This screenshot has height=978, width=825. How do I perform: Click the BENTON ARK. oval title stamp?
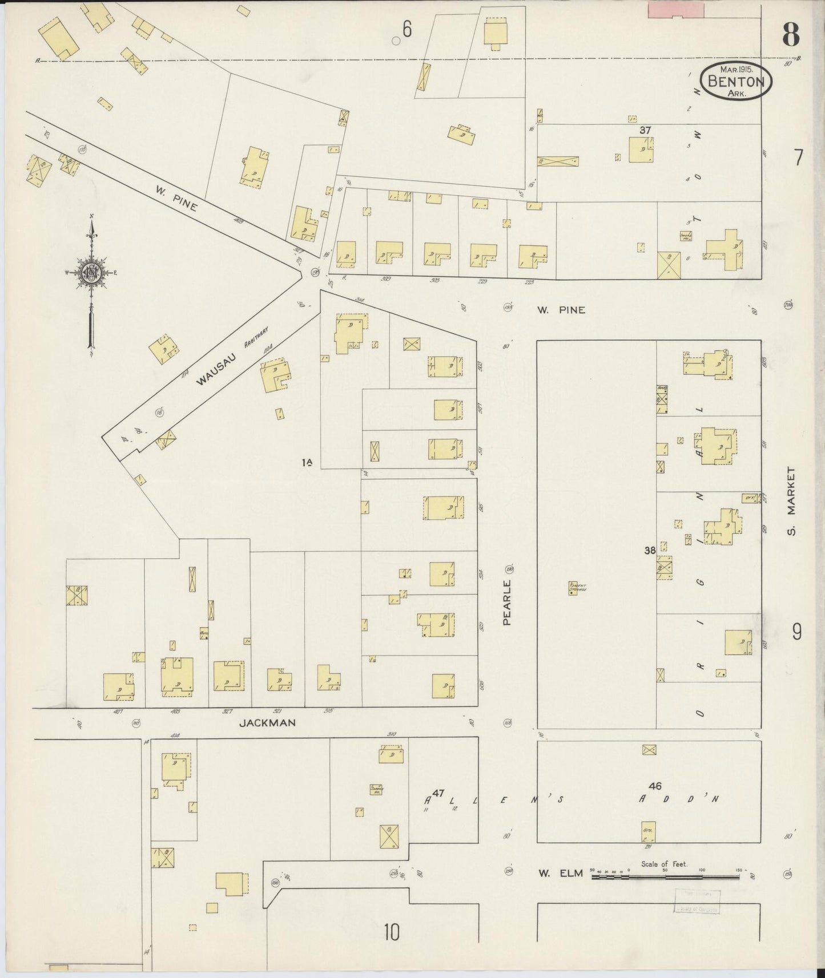[x=736, y=81]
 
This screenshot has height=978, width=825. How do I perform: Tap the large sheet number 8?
[x=790, y=36]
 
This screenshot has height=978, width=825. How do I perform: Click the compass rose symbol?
[x=90, y=273]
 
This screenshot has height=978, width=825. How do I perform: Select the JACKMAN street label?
[x=267, y=722]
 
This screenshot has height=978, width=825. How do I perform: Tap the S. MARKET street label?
[x=791, y=501]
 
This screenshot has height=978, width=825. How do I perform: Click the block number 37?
[x=645, y=130]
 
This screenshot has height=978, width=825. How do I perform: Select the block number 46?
[x=655, y=786]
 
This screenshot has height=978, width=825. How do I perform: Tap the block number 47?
[x=438, y=793]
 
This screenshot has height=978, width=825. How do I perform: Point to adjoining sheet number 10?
[x=392, y=932]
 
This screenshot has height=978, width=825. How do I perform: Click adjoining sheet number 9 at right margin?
[x=797, y=632]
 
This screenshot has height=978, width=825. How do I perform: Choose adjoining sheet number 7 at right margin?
[x=798, y=156]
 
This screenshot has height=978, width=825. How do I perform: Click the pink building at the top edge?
[x=675, y=9]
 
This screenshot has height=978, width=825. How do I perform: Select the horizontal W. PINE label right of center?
[x=561, y=310]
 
